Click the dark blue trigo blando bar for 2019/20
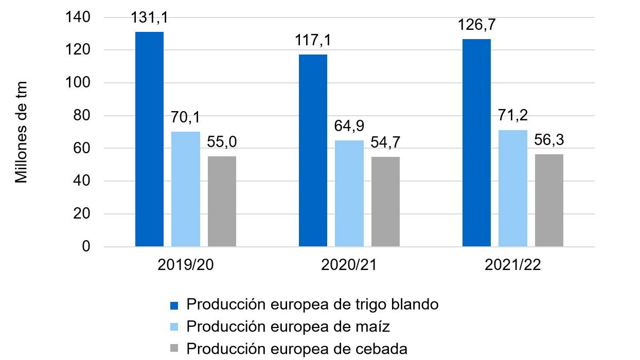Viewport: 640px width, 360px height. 149,139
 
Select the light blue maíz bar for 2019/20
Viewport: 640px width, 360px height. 186,189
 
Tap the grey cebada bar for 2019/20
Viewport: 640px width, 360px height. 222,202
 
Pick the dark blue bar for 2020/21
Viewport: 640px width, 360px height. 313,151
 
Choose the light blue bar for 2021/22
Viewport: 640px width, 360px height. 512,188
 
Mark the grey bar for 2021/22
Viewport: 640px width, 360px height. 549,201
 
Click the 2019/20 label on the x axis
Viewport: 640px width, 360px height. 185,266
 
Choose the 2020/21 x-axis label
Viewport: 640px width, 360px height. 349,266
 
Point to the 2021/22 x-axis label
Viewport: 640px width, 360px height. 512,266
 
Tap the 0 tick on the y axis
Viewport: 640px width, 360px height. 86,247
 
